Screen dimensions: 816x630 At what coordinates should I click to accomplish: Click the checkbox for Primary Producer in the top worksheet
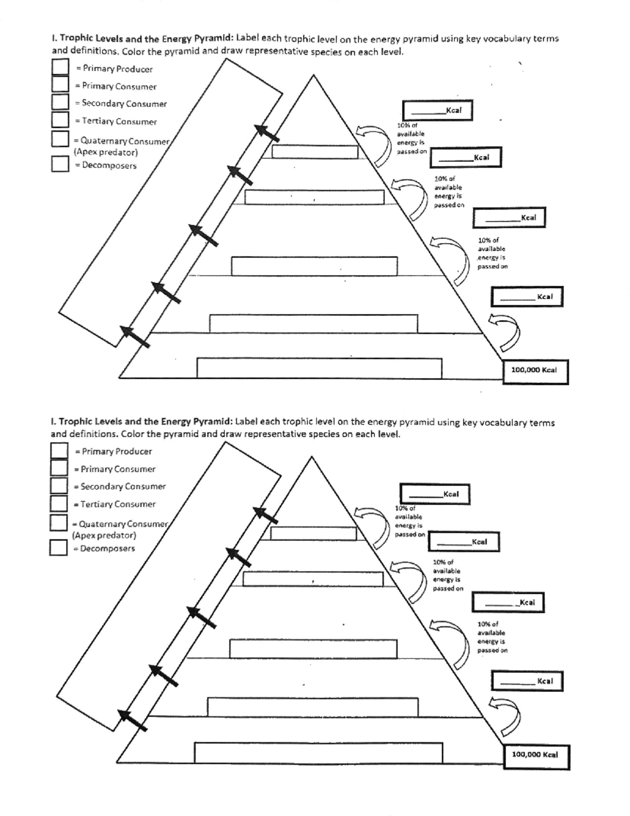[x=60, y=67]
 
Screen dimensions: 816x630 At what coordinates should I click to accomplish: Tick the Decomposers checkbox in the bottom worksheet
[x=59, y=548]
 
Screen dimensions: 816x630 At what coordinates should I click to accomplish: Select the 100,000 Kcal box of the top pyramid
[x=535, y=371]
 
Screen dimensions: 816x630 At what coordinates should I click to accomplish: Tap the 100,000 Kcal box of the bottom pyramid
[x=536, y=757]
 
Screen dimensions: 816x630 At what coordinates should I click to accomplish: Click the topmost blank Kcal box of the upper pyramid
[x=437, y=110]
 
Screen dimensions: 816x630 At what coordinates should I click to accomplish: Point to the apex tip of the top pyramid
[x=313, y=76]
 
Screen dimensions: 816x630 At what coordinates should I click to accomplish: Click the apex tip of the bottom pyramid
[x=312, y=457]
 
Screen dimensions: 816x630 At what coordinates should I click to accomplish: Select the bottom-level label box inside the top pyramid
[x=319, y=368]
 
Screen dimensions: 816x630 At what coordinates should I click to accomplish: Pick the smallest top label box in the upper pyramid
[x=314, y=152]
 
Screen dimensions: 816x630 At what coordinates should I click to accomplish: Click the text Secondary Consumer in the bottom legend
[x=123, y=487]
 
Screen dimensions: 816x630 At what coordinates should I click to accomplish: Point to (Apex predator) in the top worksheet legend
[x=106, y=152]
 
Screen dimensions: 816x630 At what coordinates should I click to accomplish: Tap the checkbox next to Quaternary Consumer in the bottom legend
[x=59, y=523]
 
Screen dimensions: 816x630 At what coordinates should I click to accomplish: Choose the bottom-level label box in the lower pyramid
[x=318, y=752]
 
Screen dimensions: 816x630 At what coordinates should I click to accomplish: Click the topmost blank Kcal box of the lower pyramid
[x=435, y=494]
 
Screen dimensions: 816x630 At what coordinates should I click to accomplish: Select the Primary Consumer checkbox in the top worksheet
[x=60, y=85]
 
